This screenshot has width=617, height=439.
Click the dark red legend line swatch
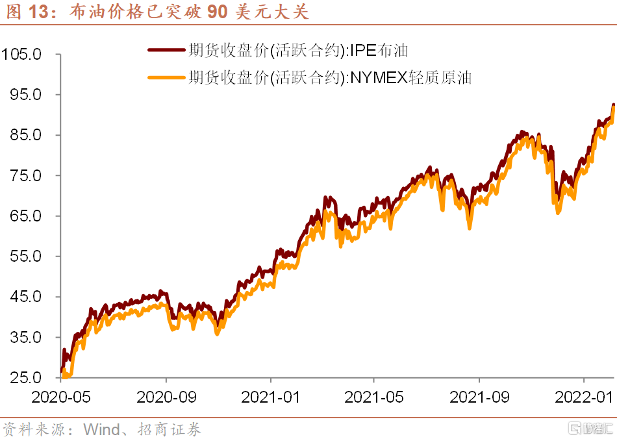coord(166,50)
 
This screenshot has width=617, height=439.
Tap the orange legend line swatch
coord(166,78)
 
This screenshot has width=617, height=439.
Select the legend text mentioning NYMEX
coord(330,78)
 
